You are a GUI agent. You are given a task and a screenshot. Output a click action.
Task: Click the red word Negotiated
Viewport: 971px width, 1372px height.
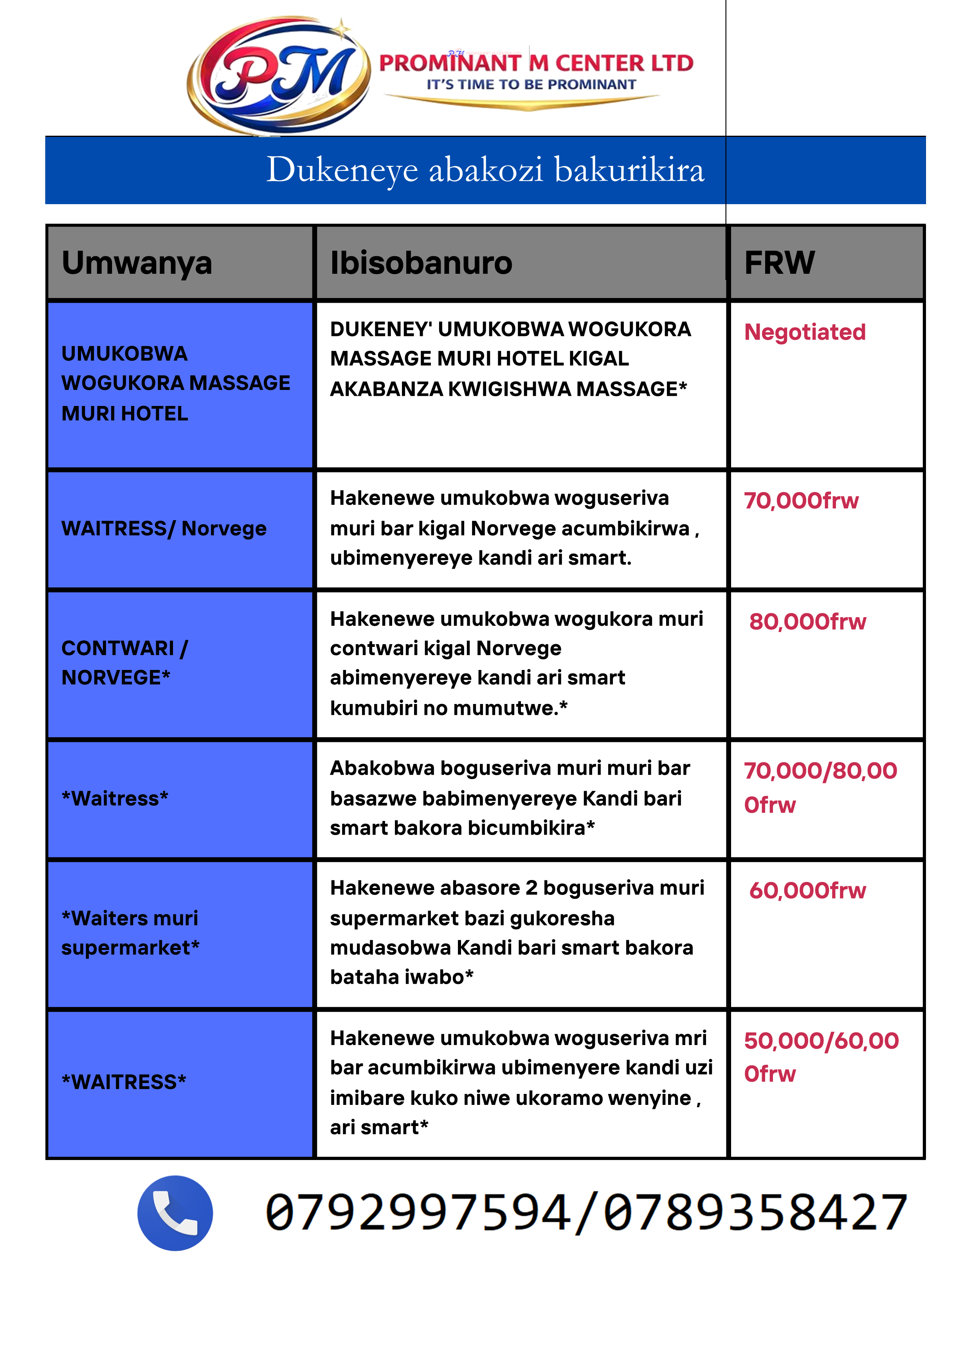[805, 332]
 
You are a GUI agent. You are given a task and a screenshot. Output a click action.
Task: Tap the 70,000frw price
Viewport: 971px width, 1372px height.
[801, 501]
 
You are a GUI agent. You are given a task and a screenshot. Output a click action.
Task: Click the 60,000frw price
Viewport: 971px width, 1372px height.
[807, 891]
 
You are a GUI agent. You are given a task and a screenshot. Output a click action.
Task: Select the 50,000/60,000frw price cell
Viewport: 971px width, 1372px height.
[821, 1057]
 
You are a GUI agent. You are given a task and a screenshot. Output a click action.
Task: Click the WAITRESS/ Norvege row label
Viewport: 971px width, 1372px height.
[164, 529]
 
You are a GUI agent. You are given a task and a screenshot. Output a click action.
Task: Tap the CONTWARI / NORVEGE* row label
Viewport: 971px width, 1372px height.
[124, 663]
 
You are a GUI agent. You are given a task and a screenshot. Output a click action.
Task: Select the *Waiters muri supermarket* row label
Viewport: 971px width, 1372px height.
[130, 933]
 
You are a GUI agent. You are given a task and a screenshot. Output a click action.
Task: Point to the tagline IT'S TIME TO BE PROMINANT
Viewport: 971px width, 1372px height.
[531, 85]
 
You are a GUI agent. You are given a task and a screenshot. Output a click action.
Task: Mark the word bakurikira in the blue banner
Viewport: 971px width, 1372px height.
[630, 170]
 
